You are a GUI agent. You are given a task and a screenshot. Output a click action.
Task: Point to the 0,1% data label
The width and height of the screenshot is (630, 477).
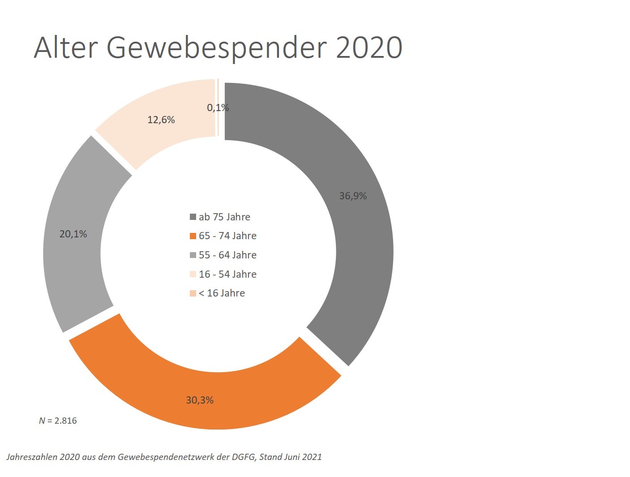pyautogui.click(x=218, y=107)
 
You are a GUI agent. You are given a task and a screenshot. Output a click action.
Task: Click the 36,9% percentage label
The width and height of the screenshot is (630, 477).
pyautogui.click(x=353, y=196)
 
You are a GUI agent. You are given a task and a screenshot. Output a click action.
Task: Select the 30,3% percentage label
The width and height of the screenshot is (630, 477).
pyautogui.click(x=200, y=400)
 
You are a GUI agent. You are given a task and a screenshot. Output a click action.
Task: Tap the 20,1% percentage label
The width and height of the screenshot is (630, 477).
pyautogui.click(x=73, y=234)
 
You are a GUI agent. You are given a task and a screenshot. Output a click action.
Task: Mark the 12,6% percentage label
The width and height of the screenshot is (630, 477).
pyautogui.click(x=161, y=120)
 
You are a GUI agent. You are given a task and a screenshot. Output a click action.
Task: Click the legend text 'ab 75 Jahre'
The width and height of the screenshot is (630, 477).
pyautogui.click(x=224, y=217)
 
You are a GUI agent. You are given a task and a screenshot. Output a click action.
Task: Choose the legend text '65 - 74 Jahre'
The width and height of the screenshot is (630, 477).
pyautogui.click(x=227, y=236)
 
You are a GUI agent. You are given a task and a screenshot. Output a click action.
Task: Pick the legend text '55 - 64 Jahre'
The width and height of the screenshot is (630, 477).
pyautogui.click(x=227, y=255)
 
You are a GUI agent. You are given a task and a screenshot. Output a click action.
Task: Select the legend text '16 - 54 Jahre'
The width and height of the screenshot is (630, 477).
pyautogui.click(x=227, y=274)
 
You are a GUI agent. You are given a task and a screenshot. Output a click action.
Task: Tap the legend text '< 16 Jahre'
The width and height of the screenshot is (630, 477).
pyautogui.click(x=222, y=293)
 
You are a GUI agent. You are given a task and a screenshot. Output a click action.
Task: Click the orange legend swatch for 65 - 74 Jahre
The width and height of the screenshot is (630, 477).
pyautogui.click(x=193, y=236)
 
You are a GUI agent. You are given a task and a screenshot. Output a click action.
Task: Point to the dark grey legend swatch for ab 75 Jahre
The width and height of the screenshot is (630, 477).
pyautogui.click(x=193, y=217)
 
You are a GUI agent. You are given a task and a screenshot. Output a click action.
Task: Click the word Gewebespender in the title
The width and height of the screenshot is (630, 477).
pyautogui.click(x=217, y=47)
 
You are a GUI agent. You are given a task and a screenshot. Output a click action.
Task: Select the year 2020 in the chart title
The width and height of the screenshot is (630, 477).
pyautogui.click(x=369, y=47)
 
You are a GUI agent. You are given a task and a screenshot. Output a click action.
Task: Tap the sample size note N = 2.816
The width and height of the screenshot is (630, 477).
pyautogui.click(x=58, y=421)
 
